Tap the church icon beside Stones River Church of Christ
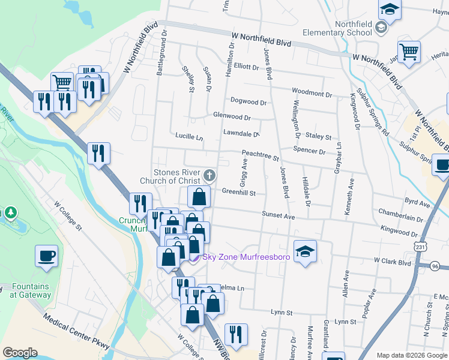point(209,176)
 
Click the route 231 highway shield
point(420,247)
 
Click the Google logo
point(20,353)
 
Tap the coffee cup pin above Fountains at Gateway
point(47,257)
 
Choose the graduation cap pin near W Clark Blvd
point(305,251)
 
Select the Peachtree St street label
point(261,157)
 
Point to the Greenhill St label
point(239,193)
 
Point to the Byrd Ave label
point(418,203)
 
